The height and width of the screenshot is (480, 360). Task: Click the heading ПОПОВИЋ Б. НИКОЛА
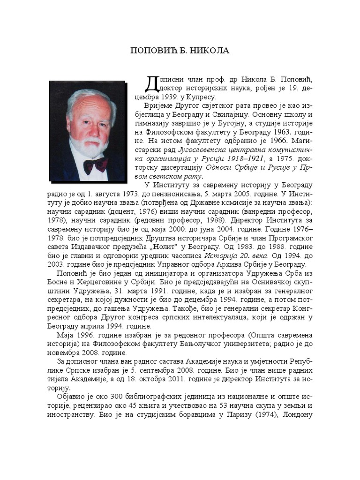180,51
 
